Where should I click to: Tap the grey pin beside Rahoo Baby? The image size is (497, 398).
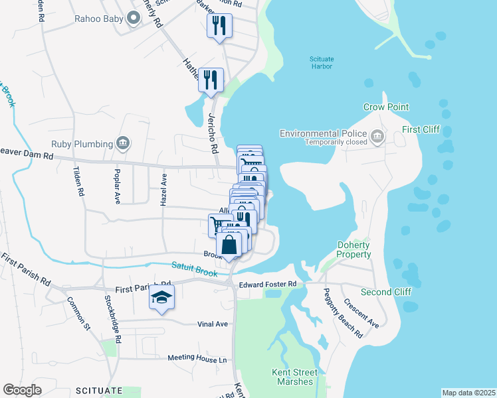pyautogui.click(x=134, y=18)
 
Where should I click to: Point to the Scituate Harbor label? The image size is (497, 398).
pyautogui.click(x=322, y=62)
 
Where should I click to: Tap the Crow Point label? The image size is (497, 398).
pyautogui.click(x=386, y=107)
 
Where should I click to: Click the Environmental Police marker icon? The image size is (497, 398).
pyautogui.click(x=377, y=137)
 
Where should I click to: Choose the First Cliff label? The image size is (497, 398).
pyautogui.click(x=421, y=129)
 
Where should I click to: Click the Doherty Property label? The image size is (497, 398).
pyautogui.click(x=353, y=249)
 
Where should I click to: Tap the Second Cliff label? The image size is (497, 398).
pyautogui.click(x=386, y=292)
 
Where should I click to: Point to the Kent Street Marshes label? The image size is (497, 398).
pyautogui.click(x=292, y=377)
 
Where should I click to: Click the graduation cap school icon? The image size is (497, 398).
pyautogui.click(x=161, y=299)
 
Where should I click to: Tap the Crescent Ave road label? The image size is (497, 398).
pyautogui.click(x=361, y=312)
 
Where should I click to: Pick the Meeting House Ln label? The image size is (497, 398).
pyautogui.click(x=197, y=358)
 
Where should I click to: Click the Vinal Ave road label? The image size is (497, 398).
pyautogui.click(x=213, y=324)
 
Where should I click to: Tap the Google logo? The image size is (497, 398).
pyautogui.click(x=22, y=390)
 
